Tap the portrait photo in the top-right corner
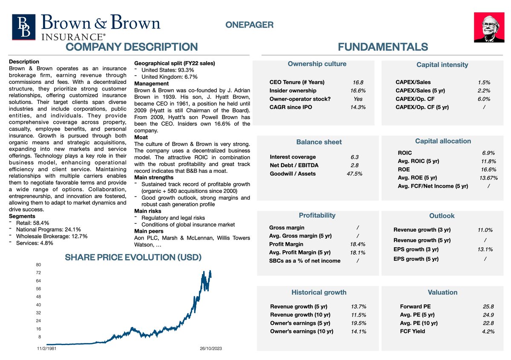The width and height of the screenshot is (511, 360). click(x=490, y=27)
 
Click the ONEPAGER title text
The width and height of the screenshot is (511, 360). click(x=249, y=25)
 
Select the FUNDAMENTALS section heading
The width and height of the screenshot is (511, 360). click(x=382, y=47)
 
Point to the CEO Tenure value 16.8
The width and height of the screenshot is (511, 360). click(x=358, y=83)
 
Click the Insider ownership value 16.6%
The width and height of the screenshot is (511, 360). click(x=358, y=91)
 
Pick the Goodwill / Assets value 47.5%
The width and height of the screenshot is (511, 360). click(x=354, y=174)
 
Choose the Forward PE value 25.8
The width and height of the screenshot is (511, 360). click(x=488, y=306)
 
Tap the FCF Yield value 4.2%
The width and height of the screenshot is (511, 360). click(x=488, y=331)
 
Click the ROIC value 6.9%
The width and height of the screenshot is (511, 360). click(x=488, y=153)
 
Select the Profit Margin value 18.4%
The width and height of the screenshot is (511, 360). click(x=358, y=244)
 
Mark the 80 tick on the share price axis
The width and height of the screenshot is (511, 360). click(x=38, y=265)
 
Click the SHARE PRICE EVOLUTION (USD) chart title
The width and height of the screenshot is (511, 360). click(x=133, y=257)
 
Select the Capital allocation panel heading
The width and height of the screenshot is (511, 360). click(x=443, y=141)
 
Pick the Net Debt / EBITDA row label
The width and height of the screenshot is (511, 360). click(x=294, y=165)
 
